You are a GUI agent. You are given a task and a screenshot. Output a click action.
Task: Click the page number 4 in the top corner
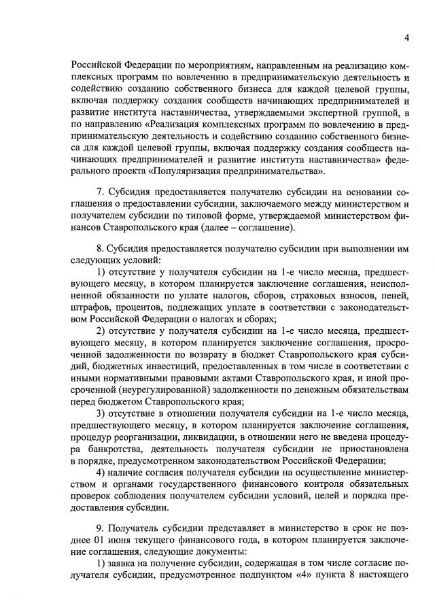tap(406, 37)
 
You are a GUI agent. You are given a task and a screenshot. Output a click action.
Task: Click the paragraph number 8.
tap(100, 250)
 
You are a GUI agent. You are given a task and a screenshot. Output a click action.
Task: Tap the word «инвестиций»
tap(150, 365)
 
